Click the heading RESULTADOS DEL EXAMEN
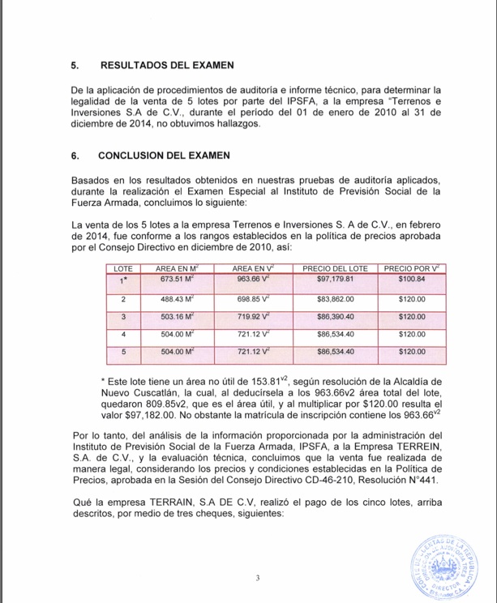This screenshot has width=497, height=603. tap(165, 64)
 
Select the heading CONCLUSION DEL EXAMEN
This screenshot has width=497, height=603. tap(164, 155)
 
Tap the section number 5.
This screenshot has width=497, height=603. tap(75, 64)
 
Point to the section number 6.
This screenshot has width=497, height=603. tap(75, 155)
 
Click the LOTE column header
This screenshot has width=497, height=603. tap(122, 267)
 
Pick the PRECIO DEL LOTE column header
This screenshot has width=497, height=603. tap(335, 267)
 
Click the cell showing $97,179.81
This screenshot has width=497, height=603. tap(335, 280)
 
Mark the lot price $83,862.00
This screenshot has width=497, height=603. tap(335, 299)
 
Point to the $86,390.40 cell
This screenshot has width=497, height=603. tap(335, 316)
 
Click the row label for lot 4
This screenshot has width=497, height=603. tap(122, 334)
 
